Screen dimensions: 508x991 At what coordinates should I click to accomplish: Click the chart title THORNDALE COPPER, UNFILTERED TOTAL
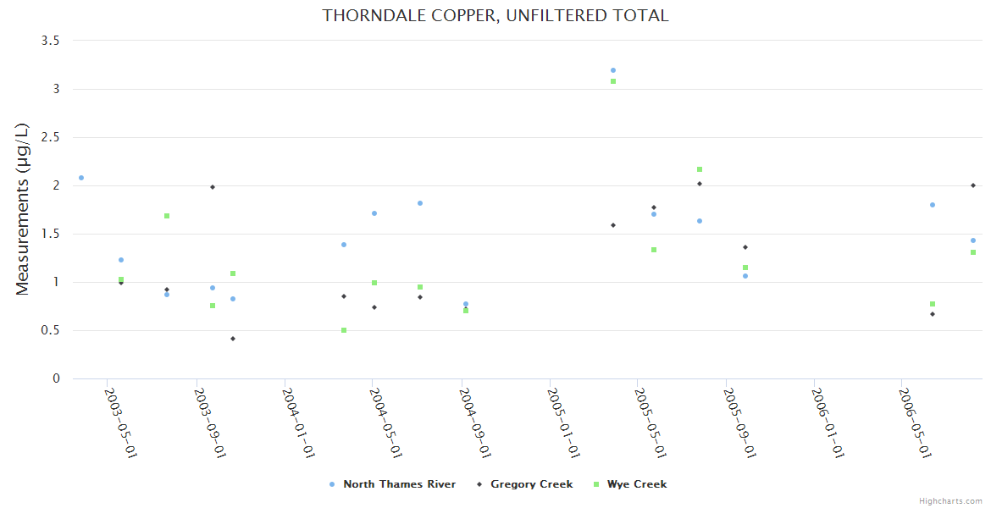495,15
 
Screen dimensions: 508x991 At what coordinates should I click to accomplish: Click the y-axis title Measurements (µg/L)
23,209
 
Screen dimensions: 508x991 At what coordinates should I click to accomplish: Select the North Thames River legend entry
399,484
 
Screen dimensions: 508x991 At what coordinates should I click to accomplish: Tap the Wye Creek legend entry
636,484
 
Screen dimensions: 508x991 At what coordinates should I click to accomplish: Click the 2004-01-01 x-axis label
299,422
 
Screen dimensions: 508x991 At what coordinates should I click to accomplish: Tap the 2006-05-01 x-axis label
916,422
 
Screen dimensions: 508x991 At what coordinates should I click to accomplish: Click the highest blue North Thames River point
613,70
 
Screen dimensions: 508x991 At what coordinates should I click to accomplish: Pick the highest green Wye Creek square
613,81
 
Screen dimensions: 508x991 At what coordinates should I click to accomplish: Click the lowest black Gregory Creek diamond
233,339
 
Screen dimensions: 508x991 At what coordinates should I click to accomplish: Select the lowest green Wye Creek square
344,330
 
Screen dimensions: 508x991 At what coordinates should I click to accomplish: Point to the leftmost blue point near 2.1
81,178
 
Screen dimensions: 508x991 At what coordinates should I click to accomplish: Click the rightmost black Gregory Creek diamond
973,185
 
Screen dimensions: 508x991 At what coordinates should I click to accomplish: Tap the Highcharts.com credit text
950,500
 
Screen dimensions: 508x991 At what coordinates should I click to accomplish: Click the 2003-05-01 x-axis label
121,422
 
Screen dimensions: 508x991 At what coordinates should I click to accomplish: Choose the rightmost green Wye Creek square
973,252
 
